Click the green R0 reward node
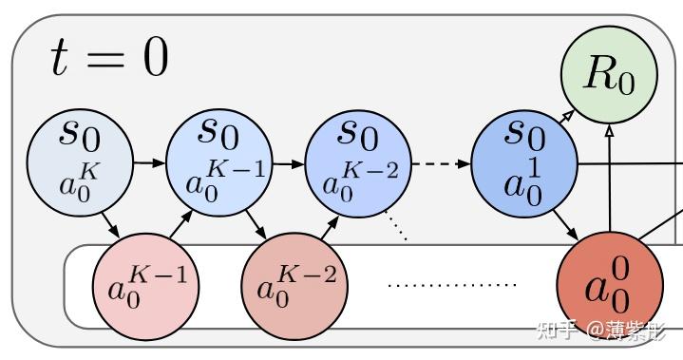pos(609,75)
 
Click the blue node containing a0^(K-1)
pos(218,161)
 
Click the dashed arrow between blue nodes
pos(441,163)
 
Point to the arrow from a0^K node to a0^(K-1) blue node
pos(148,162)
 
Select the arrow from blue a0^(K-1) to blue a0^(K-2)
pos(288,162)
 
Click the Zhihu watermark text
pos(608,331)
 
